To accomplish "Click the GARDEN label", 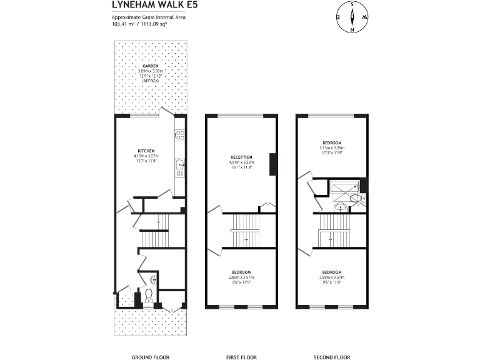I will (x=150, y=66).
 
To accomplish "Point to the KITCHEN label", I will (x=146, y=151).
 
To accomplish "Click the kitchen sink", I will (x=180, y=166).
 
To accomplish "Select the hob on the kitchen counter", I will (x=180, y=134).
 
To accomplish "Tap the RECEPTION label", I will (x=241, y=157).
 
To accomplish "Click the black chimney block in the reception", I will (x=272, y=164).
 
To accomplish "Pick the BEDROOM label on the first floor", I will (x=241, y=272).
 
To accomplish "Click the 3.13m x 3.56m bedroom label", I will (x=332, y=146).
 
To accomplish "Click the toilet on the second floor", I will (x=357, y=199).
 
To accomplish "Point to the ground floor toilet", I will (x=149, y=296).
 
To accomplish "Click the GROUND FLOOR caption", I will (x=150, y=339).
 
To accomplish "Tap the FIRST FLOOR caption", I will (x=241, y=339).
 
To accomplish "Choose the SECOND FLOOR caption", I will (x=331, y=339).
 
